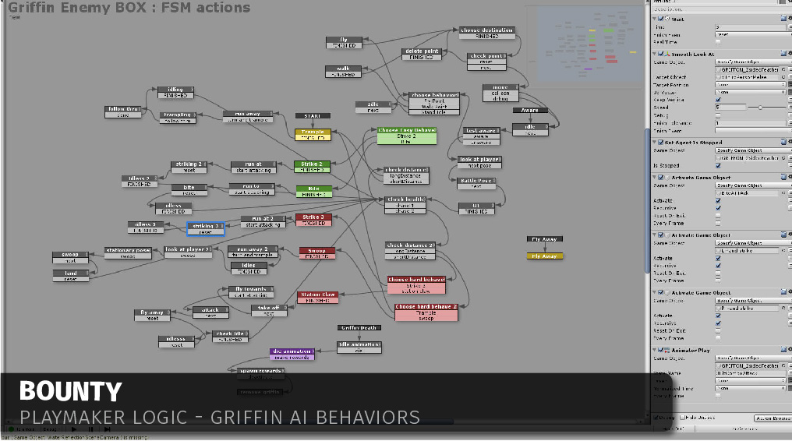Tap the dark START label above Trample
pyautogui.click(x=313, y=116)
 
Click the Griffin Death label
pyautogui.click(x=359, y=328)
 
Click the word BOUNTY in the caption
pyautogui.click(x=70, y=391)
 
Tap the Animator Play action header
pyautogui.click(x=692, y=351)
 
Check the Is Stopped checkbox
pyautogui.click(x=718, y=165)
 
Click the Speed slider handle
pyautogui.click(x=760, y=107)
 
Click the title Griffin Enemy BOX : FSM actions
pyautogui.click(x=129, y=8)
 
